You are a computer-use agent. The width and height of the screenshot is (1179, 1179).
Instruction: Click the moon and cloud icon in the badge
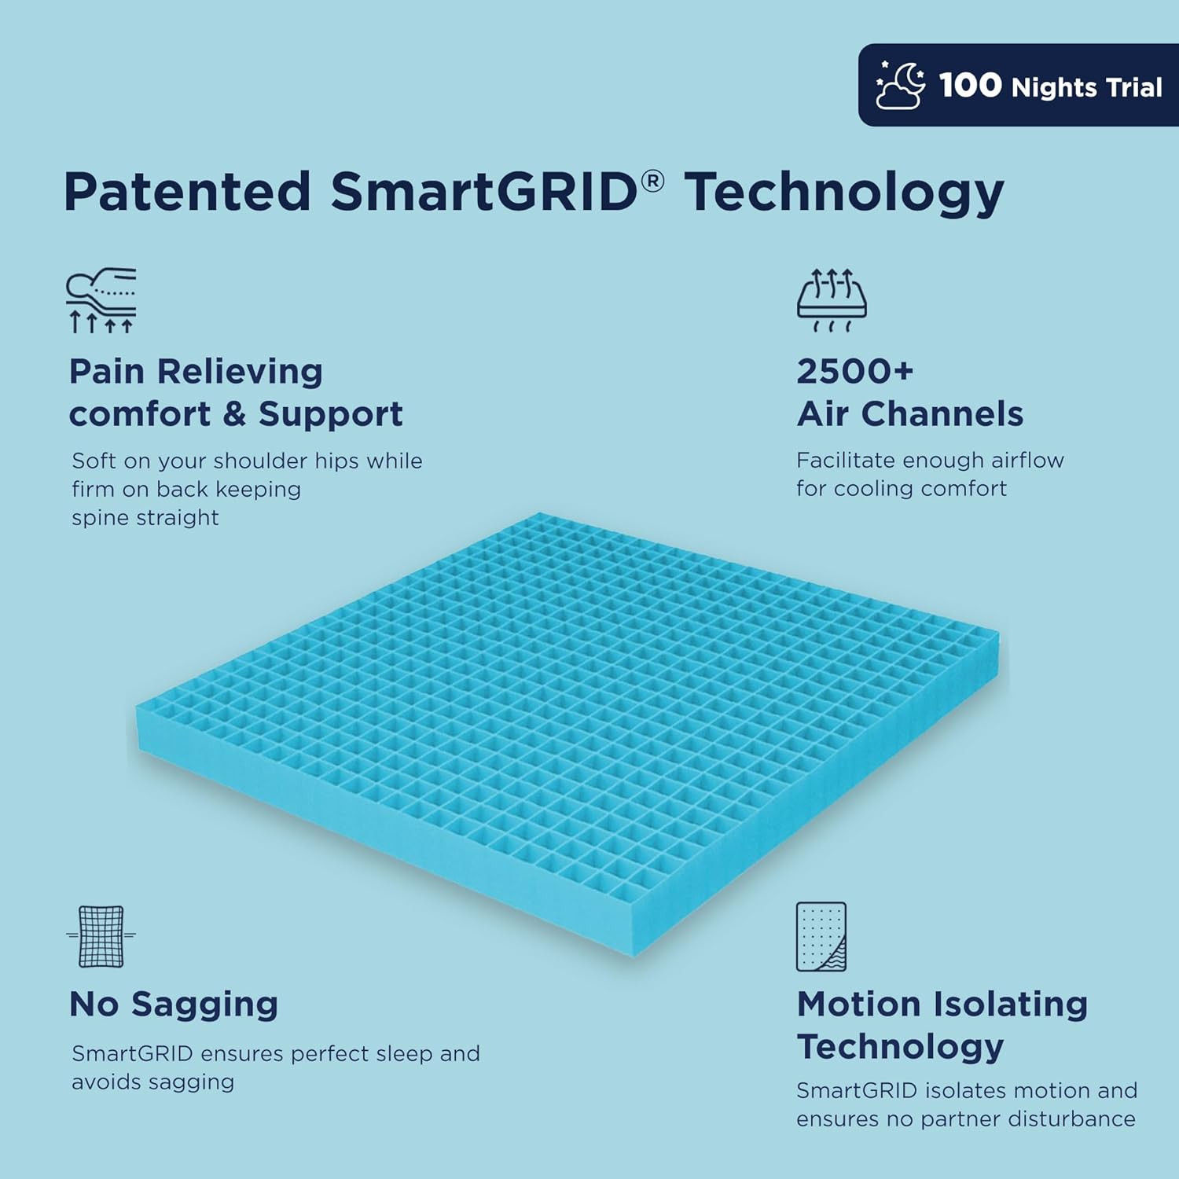pyautogui.click(x=901, y=85)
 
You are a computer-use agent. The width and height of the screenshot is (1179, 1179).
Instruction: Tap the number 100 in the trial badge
pyautogui.click(x=970, y=85)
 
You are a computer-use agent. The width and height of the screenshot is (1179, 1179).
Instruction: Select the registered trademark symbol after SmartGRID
pyautogui.click(x=652, y=182)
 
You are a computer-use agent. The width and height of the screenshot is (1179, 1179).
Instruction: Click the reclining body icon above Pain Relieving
pyautogui.click(x=101, y=299)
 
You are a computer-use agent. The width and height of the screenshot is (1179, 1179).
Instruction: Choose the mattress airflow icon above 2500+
pyautogui.click(x=832, y=299)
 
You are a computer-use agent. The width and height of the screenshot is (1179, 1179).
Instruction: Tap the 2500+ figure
pyautogui.click(x=854, y=371)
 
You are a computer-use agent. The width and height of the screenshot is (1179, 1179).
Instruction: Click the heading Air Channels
pyautogui.click(x=909, y=413)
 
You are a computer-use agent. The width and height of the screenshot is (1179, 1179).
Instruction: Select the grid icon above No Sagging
pyautogui.click(x=101, y=935)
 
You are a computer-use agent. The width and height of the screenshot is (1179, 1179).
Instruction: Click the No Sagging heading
pyautogui.click(x=174, y=1004)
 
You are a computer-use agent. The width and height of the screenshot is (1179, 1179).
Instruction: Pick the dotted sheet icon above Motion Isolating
pyautogui.click(x=821, y=936)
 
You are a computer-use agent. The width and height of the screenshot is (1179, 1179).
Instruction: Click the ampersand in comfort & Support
pyautogui.click(x=234, y=414)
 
